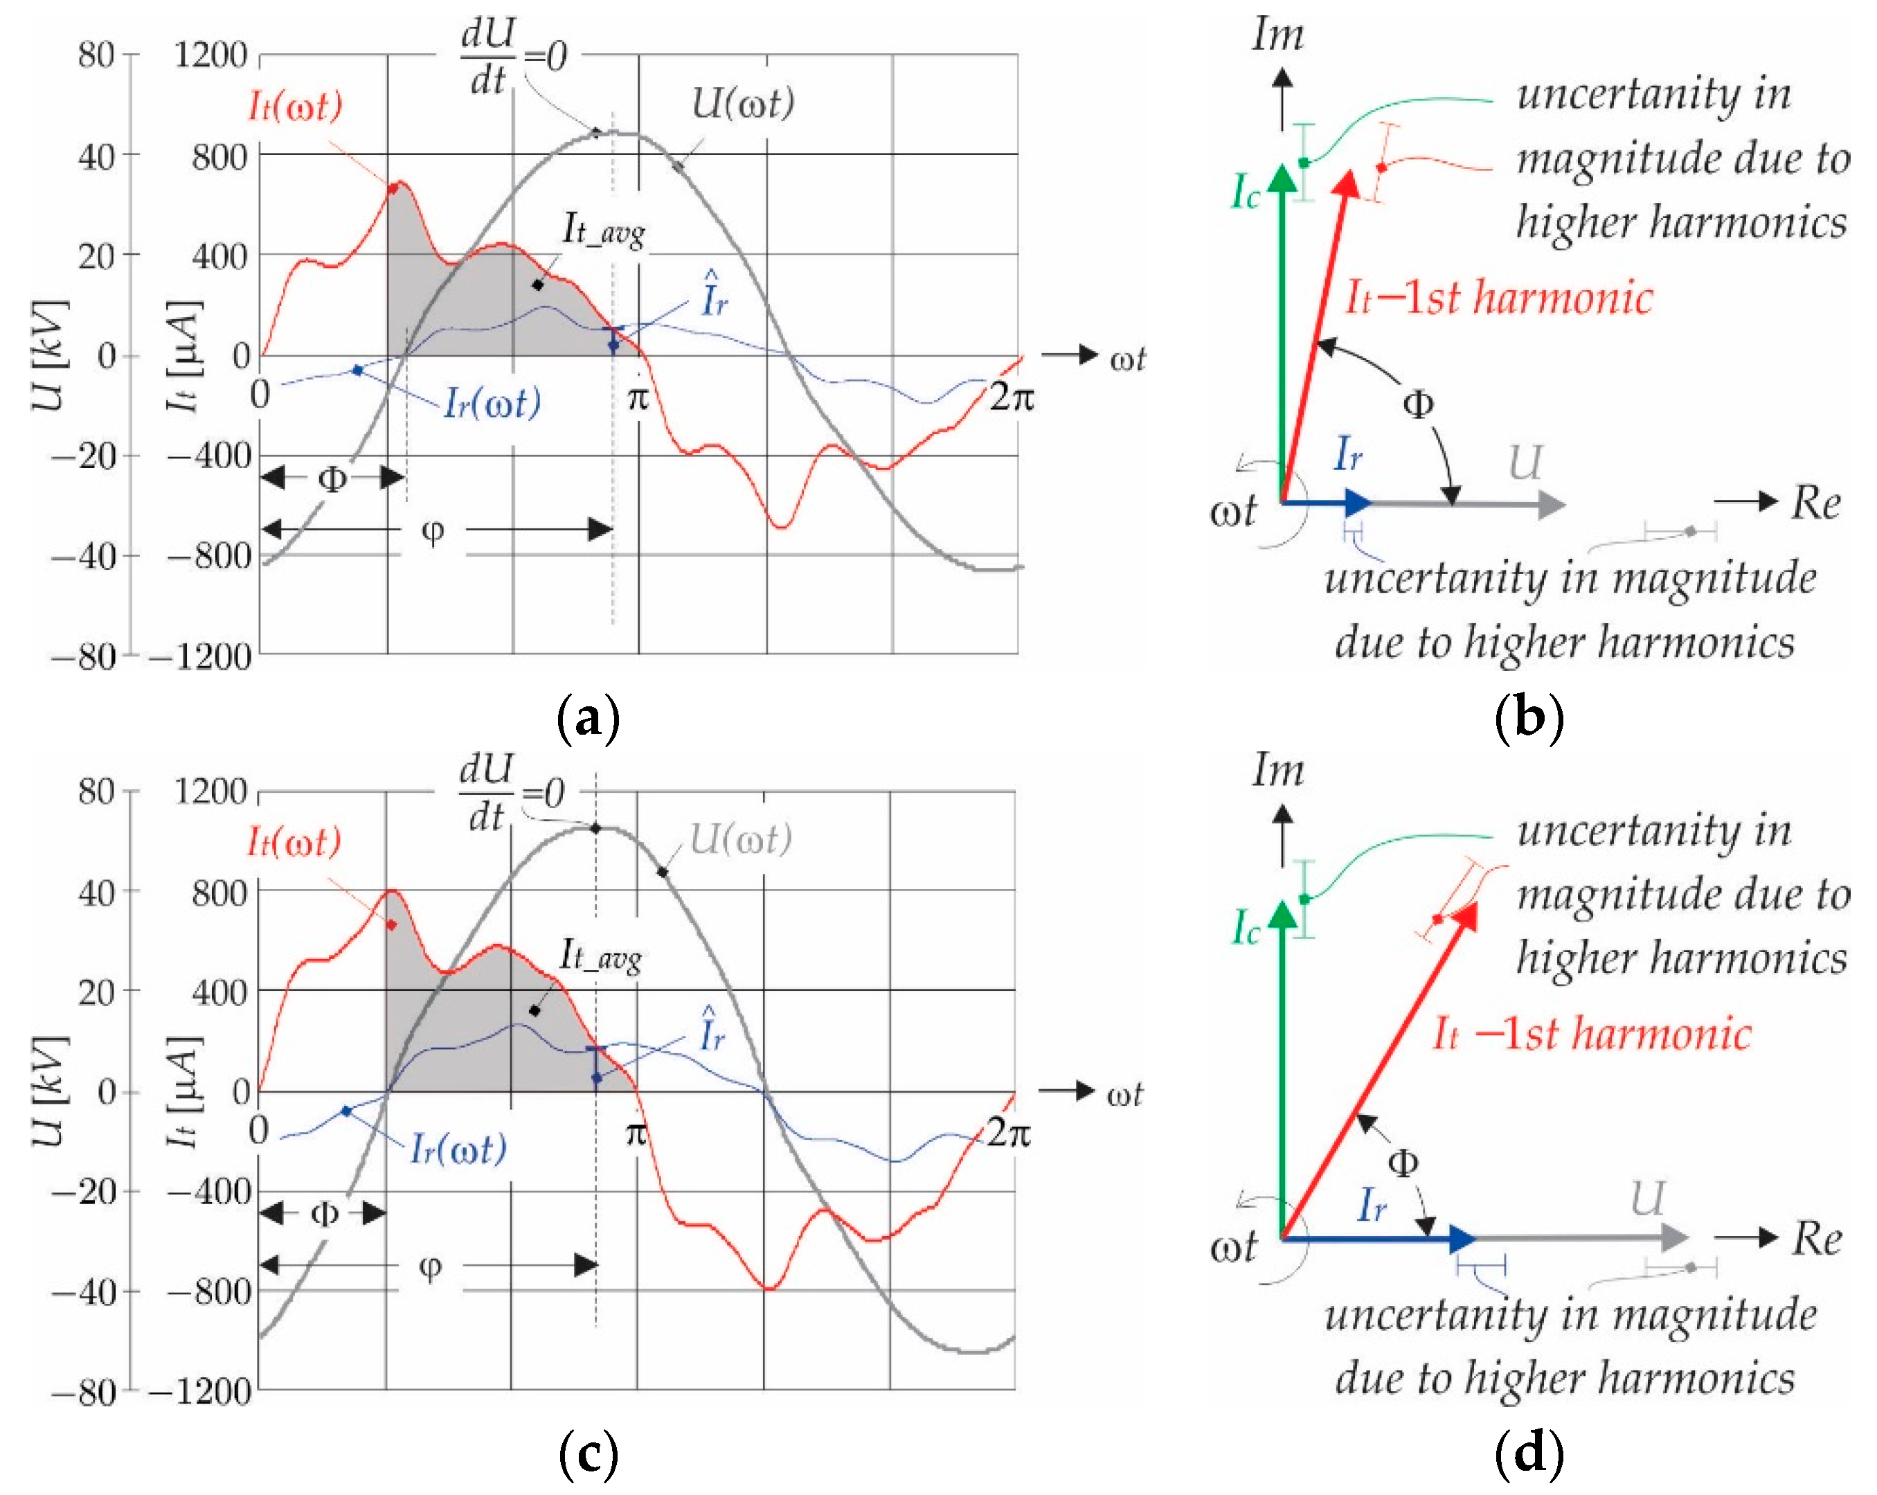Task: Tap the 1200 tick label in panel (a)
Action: [210, 55]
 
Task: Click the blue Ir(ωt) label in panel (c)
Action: [459, 1150]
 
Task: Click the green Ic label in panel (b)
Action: [1246, 193]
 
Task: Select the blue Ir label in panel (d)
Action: [1372, 1207]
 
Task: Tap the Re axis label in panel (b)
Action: [1816, 503]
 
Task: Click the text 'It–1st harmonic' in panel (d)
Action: [1592, 1035]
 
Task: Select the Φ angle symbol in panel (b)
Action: [1418, 404]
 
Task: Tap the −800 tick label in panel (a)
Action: [210, 555]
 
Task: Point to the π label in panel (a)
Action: [638, 398]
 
